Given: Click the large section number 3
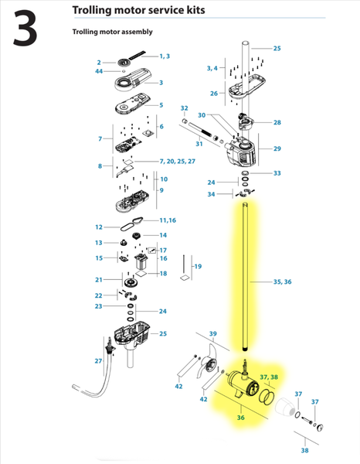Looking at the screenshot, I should [x=28, y=28].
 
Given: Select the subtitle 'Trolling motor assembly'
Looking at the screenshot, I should [x=112, y=32].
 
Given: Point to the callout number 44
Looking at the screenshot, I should [x=99, y=71].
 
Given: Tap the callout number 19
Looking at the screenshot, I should [x=198, y=267].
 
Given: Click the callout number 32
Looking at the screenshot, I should [x=184, y=107].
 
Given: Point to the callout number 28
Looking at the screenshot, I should [x=277, y=122].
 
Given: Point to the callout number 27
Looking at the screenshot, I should [x=99, y=361].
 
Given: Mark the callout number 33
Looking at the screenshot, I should [x=277, y=173].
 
